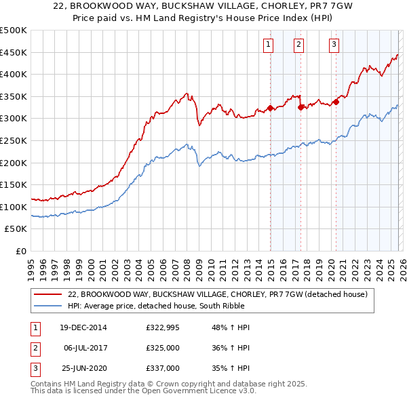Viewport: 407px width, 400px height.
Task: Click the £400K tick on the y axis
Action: point(14,74)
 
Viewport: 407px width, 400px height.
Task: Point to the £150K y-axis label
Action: point(14,184)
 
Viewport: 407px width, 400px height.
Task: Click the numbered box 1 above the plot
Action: point(269,45)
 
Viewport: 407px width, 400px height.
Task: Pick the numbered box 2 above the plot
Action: point(299,45)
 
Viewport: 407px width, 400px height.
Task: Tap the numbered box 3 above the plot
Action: point(334,45)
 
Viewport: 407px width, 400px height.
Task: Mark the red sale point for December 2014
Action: point(270,108)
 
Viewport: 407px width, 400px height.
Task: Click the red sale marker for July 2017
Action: point(301,107)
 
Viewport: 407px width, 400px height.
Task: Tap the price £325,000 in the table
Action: point(163,348)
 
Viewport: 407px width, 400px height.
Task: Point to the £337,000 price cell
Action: point(163,368)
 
